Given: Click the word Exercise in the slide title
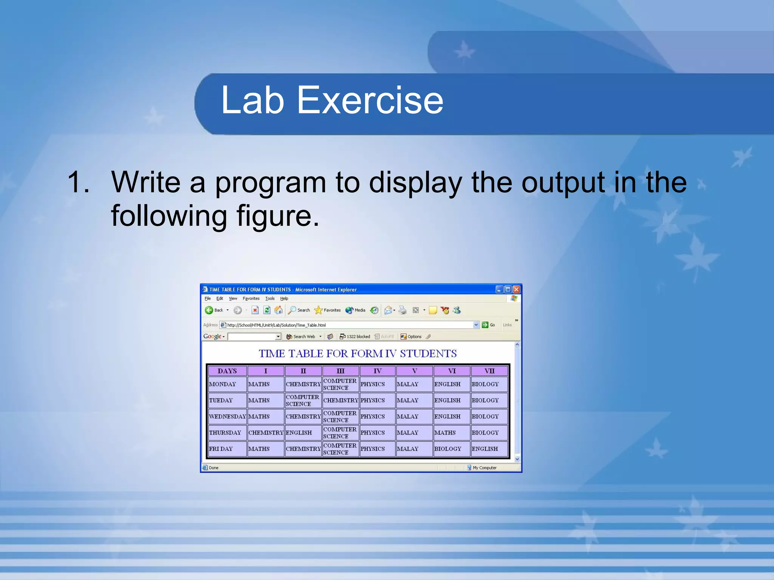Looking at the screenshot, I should (x=370, y=100).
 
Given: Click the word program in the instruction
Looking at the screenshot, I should (x=270, y=182).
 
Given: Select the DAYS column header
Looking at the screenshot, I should (x=227, y=371).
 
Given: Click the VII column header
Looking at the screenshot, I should (x=489, y=371).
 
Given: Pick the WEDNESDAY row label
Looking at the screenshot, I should (x=227, y=416).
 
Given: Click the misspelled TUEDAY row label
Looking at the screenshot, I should (x=221, y=400).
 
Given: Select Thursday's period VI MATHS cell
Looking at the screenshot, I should (x=445, y=433).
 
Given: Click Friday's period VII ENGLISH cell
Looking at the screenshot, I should (x=485, y=449).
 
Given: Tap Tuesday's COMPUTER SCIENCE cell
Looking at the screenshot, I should (x=302, y=400).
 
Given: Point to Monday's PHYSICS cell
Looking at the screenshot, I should (x=373, y=384).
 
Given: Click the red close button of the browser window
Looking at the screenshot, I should (x=516, y=290).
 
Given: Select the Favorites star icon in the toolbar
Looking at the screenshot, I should (x=319, y=310).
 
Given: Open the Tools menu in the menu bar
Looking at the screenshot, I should (x=270, y=298).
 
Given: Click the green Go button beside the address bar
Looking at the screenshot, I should (x=485, y=325).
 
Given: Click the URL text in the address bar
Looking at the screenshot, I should (x=276, y=325).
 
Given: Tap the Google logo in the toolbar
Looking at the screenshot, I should (x=212, y=336).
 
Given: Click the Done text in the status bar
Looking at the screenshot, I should (x=214, y=467).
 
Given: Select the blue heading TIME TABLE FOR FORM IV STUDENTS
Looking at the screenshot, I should (x=358, y=353).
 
